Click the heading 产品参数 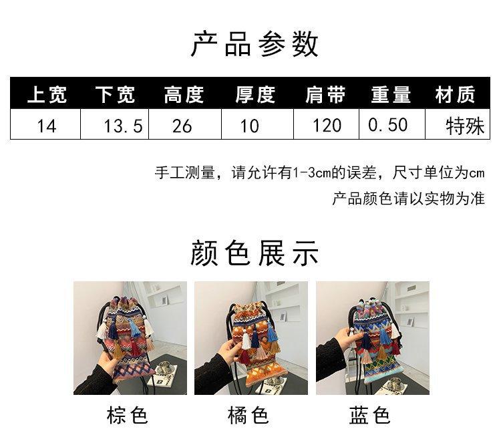(x=255, y=43)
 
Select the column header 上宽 (x=47, y=95)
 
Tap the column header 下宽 (x=115, y=95)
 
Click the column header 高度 (x=184, y=95)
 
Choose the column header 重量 (x=391, y=95)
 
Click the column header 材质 (x=455, y=95)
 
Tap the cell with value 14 (x=47, y=126)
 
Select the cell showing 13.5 (x=123, y=126)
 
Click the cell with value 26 (x=182, y=126)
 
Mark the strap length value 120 (x=327, y=126)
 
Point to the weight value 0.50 (x=388, y=125)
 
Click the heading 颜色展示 (x=255, y=254)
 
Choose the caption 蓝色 (x=369, y=416)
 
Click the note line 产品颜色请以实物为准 (x=408, y=199)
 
